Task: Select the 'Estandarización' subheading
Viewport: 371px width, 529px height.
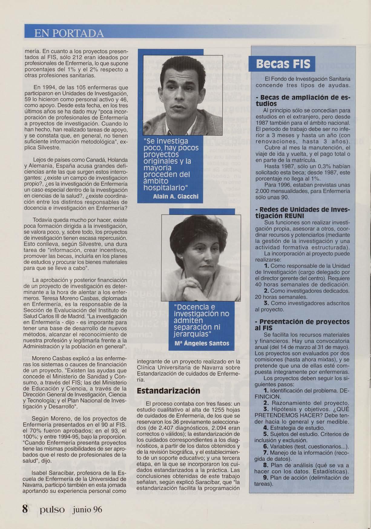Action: (168, 390)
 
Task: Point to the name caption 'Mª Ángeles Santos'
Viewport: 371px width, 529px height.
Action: (202, 344)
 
